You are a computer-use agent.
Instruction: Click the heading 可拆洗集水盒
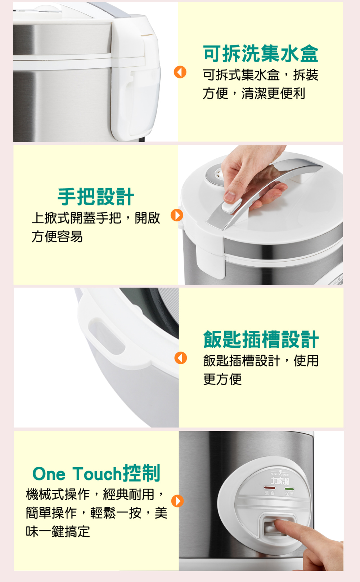[x=261, y=54]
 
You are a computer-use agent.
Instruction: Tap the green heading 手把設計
[x=96, y=197]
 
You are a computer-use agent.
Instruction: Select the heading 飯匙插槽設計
[x=261, y=339]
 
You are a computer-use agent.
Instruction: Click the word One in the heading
[x=49, y=474]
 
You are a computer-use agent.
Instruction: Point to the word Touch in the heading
[x=97, y=473]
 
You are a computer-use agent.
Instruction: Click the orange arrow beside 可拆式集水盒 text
[x=180, y=72]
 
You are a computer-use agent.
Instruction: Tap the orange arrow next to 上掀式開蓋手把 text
[x=177, y=215]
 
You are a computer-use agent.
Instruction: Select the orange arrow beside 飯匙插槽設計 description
[x=181, y=358]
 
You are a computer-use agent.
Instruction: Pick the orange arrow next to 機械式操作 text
[x=177, y=501]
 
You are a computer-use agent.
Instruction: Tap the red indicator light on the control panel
[x=270, y=487]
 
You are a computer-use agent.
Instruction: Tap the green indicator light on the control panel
[x=289, y=489]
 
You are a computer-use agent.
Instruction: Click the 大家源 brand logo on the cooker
[x=280, y=481]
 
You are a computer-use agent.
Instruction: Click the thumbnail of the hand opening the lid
[x=261, y=215]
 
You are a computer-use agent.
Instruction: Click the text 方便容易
[x=57, y=237]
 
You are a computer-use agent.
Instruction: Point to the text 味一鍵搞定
[x=58, y=531]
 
